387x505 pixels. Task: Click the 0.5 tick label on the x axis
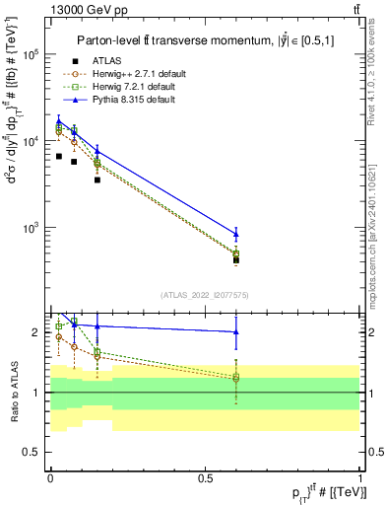pyautogui.click(x=205, y=477)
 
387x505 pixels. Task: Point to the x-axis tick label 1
pyautogui.click(x=359, y=477)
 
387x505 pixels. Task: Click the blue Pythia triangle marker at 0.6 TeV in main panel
pyautogui.click(x=235, y=234)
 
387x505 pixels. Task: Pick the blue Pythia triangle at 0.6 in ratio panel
pyautogui.click(x=235, y=332)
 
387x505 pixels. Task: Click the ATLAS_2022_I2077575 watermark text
pyautogui.click(x=205, y=294)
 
